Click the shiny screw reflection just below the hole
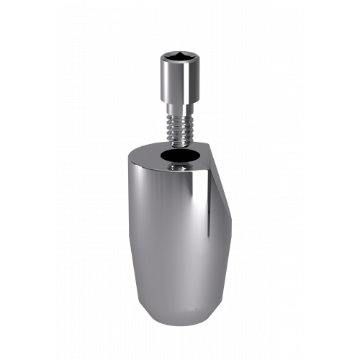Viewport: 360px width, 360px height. [x=177, y=168]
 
